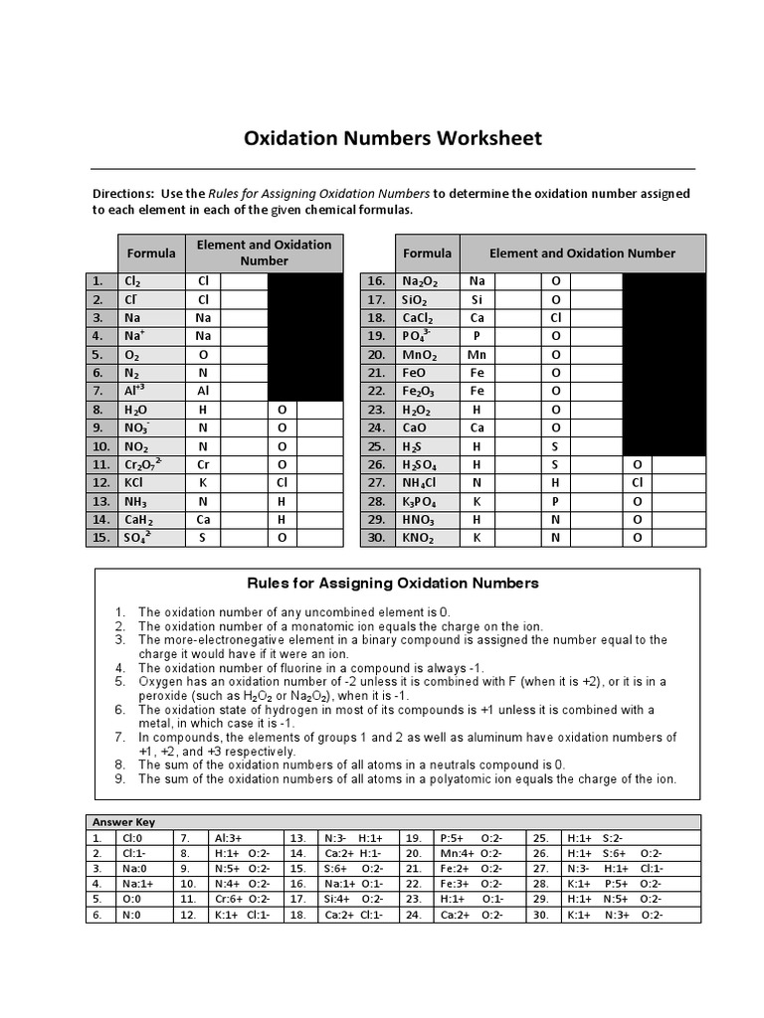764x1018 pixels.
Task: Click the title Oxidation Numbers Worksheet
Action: coord(393,138)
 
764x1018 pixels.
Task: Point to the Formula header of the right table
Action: coord(427,253)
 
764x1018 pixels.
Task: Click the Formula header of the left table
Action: coord(152,253)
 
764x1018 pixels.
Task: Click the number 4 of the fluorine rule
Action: coord(119,668)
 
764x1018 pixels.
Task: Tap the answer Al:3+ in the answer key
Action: coord(229,838)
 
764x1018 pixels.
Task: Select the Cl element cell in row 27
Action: coord(638,482)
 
